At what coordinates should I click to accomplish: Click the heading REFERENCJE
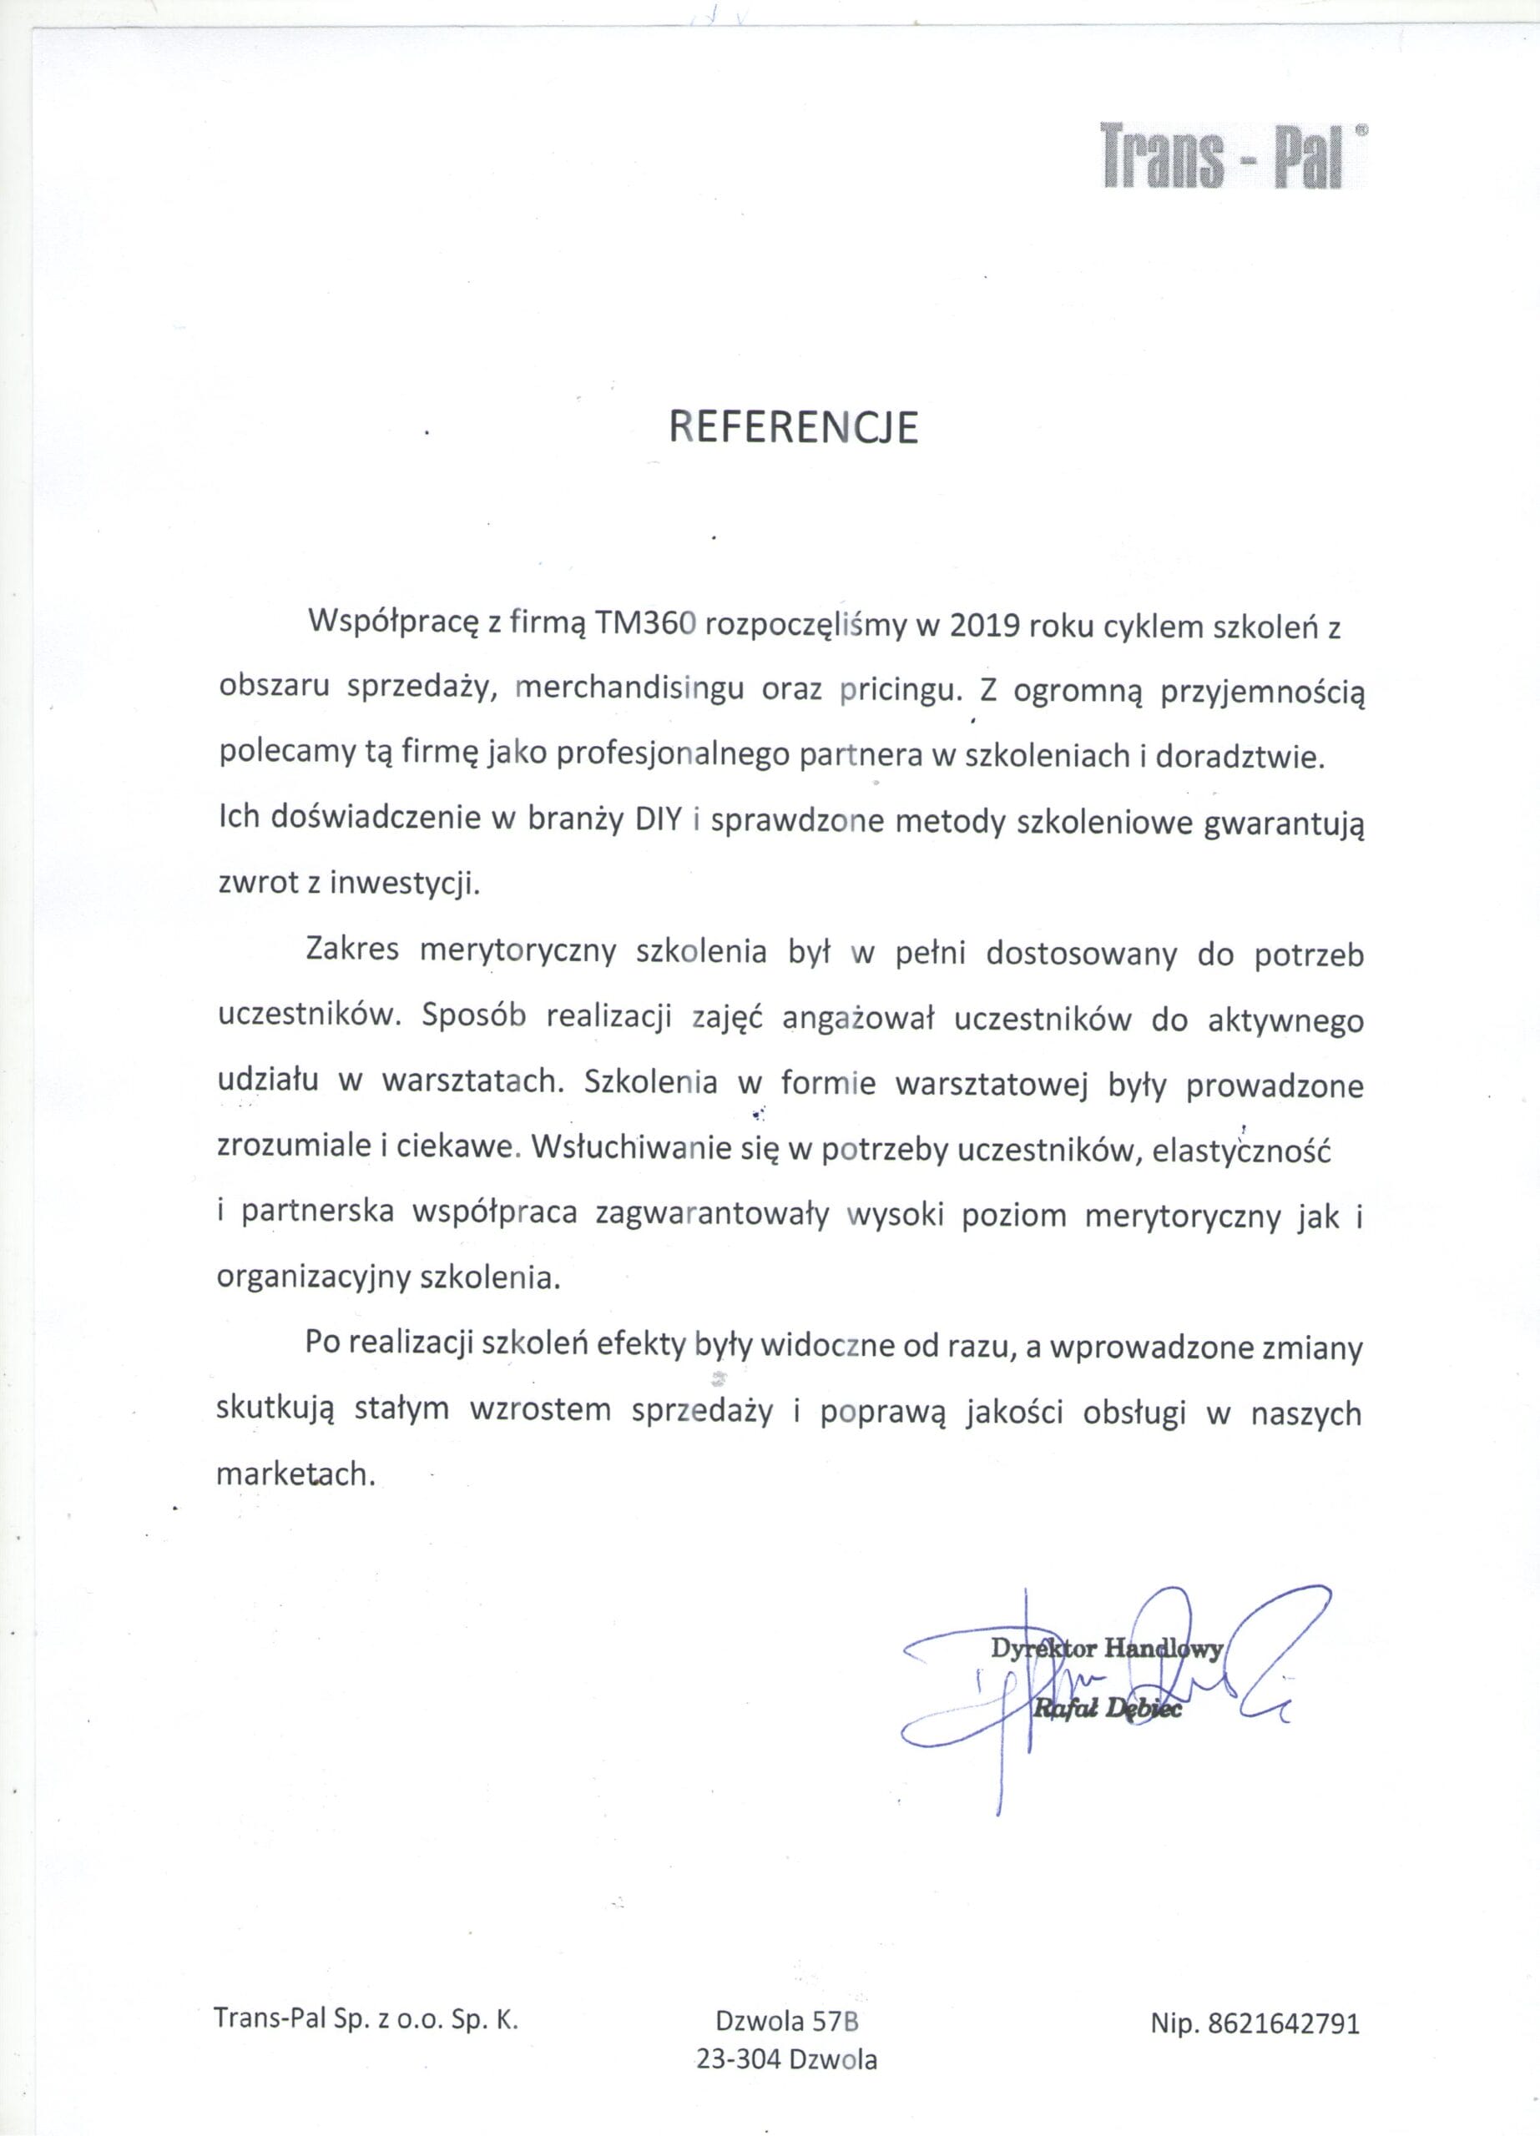click(x=792, y=429)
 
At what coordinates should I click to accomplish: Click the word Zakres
click(x=352, y=954)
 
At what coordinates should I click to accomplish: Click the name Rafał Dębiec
click(x=1106, y=1711)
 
